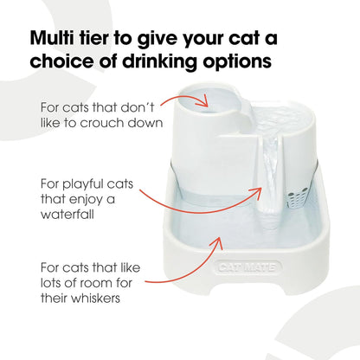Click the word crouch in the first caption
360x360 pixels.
tap(102, 123)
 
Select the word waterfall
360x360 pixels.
tap(67, 214)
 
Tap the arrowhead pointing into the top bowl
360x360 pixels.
tap(204, 101)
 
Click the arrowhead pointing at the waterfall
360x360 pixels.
tap(257, 192)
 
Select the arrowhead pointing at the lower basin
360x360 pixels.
tap(219, 243)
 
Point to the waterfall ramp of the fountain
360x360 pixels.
tap(270, 176)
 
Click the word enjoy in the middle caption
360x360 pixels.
tap(87, 200)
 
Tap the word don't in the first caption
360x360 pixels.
tap(137, 107)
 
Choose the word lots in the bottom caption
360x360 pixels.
tap(50, 283)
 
